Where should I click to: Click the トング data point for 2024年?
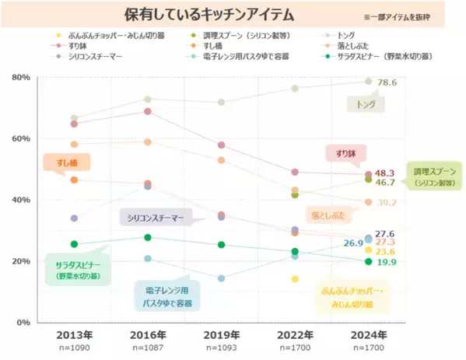[369, 81]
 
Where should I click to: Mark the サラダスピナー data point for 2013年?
[74, 244]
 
